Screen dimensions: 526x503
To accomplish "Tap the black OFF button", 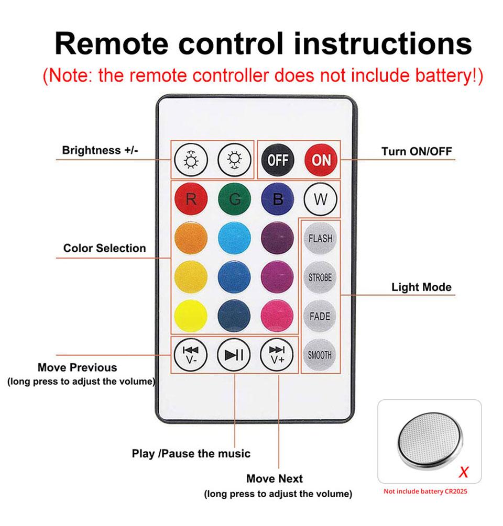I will [278, 160].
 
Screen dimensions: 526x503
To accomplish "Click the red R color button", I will [191, 199].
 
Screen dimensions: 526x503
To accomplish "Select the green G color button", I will [234, 199].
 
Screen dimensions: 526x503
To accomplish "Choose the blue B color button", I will [278, 199].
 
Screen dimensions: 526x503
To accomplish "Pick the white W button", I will [320, 199].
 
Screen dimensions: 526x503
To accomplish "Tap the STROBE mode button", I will [320, 277].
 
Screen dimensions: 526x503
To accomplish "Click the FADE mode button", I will [320, 316].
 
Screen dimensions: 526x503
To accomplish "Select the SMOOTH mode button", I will [320, 355].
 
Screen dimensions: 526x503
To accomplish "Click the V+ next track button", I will [277, 354].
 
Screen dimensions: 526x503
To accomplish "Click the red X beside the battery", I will [463, 473].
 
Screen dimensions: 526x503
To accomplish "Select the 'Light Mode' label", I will [421, 287].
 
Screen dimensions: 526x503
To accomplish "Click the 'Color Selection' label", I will [105, 248].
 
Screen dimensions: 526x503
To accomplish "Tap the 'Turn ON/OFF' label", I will [417, 152].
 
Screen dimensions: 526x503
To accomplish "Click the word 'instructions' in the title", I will [382, 44].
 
